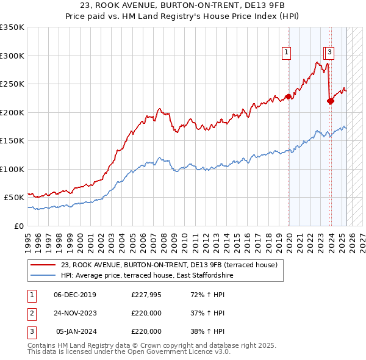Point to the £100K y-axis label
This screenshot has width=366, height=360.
pyautogui.click(x=13, y=169)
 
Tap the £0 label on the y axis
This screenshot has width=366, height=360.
pyautogui.click(x=19, y=226)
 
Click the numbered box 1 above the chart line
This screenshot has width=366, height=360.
pyautogui.click(x=286, y=53)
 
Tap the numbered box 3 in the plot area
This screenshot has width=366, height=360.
pyautogui.click(x=329, y=53)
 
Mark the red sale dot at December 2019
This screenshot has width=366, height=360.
pyautogui.click(x=288, y=96)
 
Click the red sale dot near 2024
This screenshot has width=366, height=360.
pyautogui.click(x=330, y=101)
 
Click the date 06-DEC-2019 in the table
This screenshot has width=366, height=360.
pyautogui.click(x=75, y=295)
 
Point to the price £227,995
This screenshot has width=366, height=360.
pyautogui.click(x=146, y=295)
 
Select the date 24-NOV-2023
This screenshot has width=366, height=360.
pyautogui.click(x=75, y=313)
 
